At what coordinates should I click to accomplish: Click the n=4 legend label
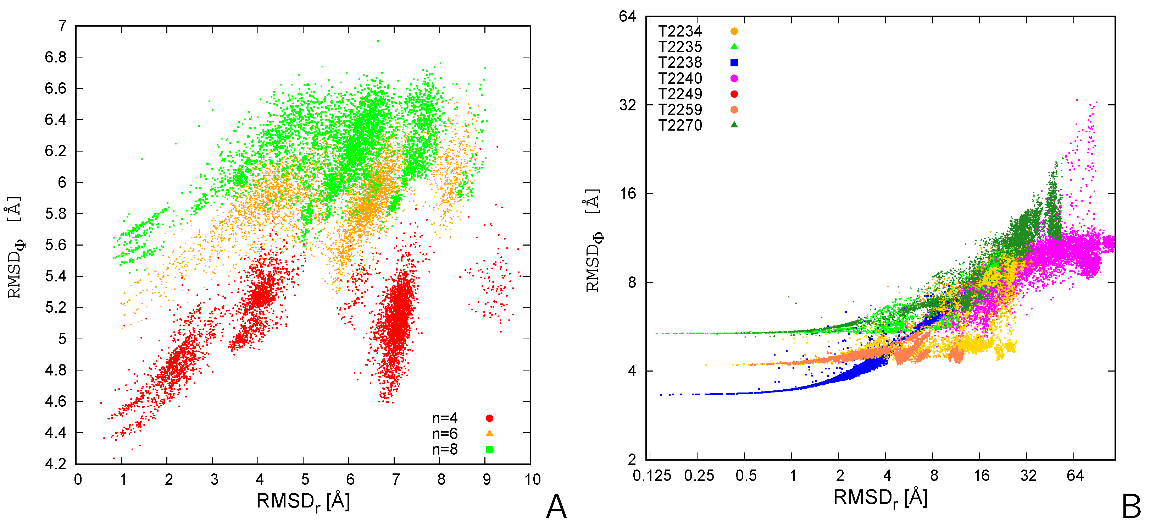point(444,418)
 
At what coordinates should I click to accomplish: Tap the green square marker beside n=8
point(489,449)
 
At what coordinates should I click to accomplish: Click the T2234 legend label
point(680,31)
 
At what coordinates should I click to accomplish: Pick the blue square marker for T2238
point(734,62)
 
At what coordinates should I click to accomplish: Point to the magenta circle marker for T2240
point(734,78)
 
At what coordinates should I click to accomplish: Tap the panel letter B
point(1131,507)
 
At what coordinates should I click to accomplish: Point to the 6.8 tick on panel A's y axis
point(56,57)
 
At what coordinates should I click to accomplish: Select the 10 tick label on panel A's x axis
point(532,480)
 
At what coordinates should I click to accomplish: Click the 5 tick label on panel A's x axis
point(305,480)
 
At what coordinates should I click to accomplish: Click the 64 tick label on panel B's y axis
point(627,17)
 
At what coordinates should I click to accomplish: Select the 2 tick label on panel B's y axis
point(631,460)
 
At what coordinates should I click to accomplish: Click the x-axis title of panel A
point(303,501)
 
